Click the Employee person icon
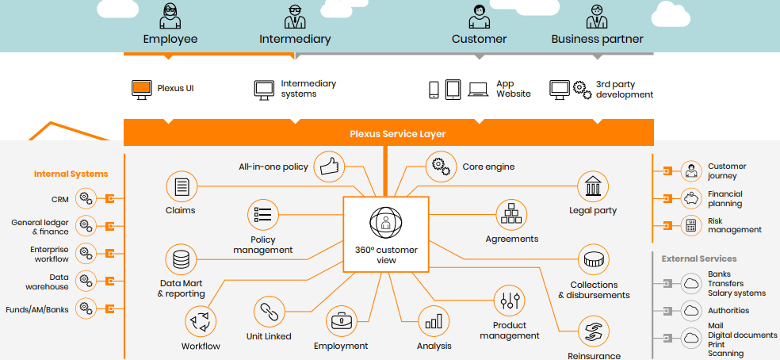(x=170, y=16)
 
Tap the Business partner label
(x=597, y=39)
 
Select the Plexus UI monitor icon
(x=142, y=89)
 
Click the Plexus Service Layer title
(x=398, y=134)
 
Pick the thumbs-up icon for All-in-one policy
(x=328, y=165)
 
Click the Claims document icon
(x=181, y=187)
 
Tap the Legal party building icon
(x=592, y=186)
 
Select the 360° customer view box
(x=386, y=234)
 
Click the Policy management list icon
(x=262, y=214)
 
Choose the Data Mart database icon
(x=181, y=259)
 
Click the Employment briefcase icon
(x=341, y=322)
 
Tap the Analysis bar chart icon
(x=433, y=322)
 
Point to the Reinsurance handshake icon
(x=593, y=331)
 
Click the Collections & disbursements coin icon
(x=593, y=260)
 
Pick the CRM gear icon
(x=86, y=198)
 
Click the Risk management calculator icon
(x=691, y=224)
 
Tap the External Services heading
(x=699, y=259)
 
